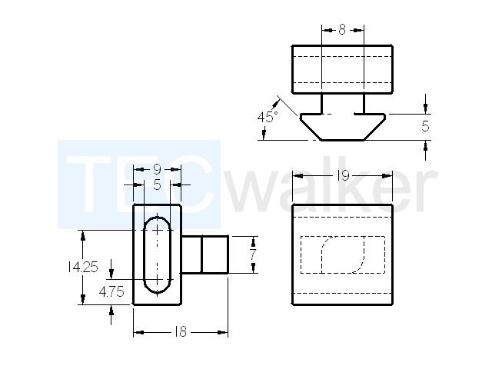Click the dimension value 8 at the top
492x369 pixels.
[x=342, y=30]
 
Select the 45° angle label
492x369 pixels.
[x=268, y=117]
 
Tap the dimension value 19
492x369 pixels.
[x=343, y=176]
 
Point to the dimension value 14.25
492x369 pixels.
[x=83, y=267]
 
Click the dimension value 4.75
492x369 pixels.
[x=111, y=292]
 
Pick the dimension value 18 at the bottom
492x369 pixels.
[x=181, y=331]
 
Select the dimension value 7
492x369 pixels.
[x=253, y=254]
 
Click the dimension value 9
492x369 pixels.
[x=157, y=169]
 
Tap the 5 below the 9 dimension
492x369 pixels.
[x=157, y=185]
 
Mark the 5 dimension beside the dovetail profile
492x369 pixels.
[x=425, y=126]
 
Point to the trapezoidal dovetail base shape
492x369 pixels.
[x=343, y=127]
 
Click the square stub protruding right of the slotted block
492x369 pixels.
[x=204, y=254]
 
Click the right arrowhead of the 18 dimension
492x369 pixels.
[x=222, y=332]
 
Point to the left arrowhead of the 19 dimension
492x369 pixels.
[x=298, y=176]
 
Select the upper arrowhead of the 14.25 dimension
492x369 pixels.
[x=83, y=236]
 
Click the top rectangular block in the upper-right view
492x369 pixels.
[x=342, y=69]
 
